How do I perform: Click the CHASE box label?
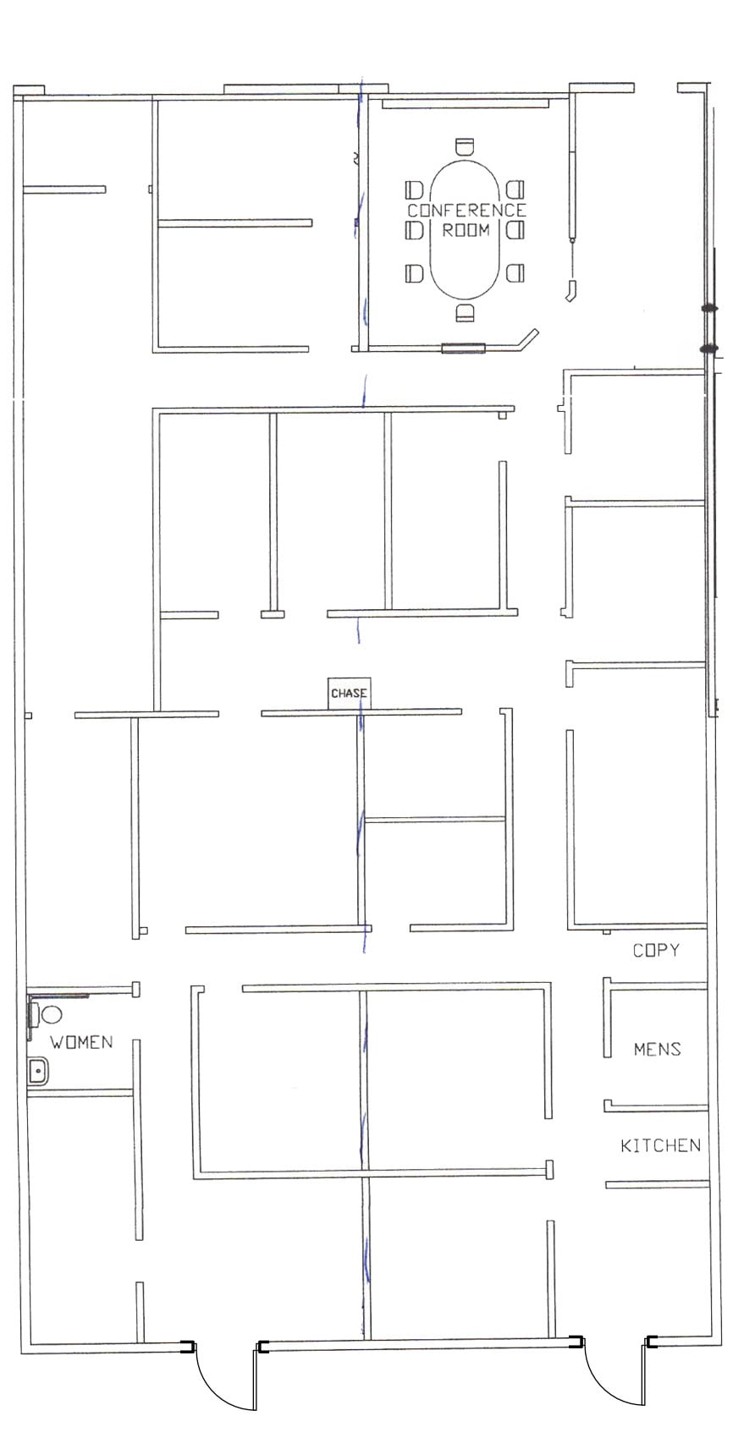click(349, 693)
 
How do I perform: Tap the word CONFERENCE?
click(466, 210)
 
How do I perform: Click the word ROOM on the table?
click(466, 229)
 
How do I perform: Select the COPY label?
click(656, 950)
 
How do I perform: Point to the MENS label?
click(657, 1049)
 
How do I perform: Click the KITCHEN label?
click(660, 1145)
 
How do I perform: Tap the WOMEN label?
click(81, 1041)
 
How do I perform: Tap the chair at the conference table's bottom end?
click(465, 313)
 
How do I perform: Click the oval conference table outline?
click(433, 254)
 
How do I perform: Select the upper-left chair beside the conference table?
click(414, 189)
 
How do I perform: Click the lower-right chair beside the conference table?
click(515, 272)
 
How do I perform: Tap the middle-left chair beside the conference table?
click(414, 230)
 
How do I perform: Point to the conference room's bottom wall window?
click(463, 348)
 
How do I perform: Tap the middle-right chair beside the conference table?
click(515, 230)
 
